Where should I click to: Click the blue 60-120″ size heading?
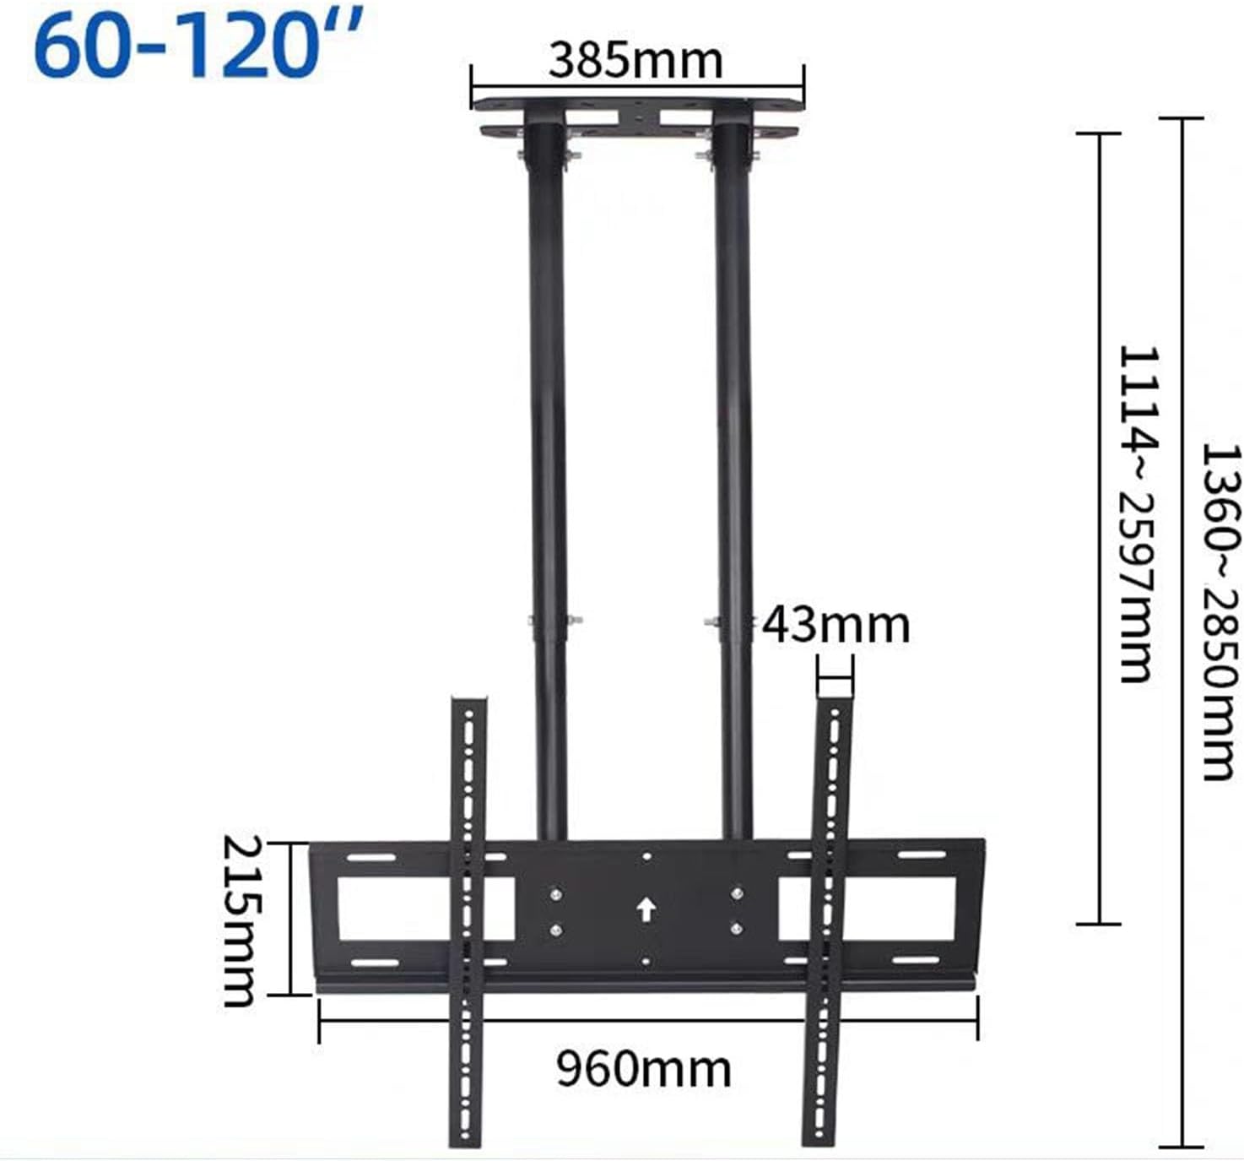coord(199,46)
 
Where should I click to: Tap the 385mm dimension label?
coord(636,61)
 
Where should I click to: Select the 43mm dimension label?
coord(836,625)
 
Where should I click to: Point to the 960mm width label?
coord(643,1069)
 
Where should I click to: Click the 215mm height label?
coord(240,920)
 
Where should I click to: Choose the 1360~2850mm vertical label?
coord(1220,612)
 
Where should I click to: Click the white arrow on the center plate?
coord(646,910)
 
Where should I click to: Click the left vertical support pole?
coord(547,422)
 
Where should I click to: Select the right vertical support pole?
coord(733,422)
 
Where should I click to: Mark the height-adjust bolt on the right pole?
coord(711,622)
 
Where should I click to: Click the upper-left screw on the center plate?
coord(555,892)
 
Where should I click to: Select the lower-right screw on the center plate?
coord(737,929)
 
